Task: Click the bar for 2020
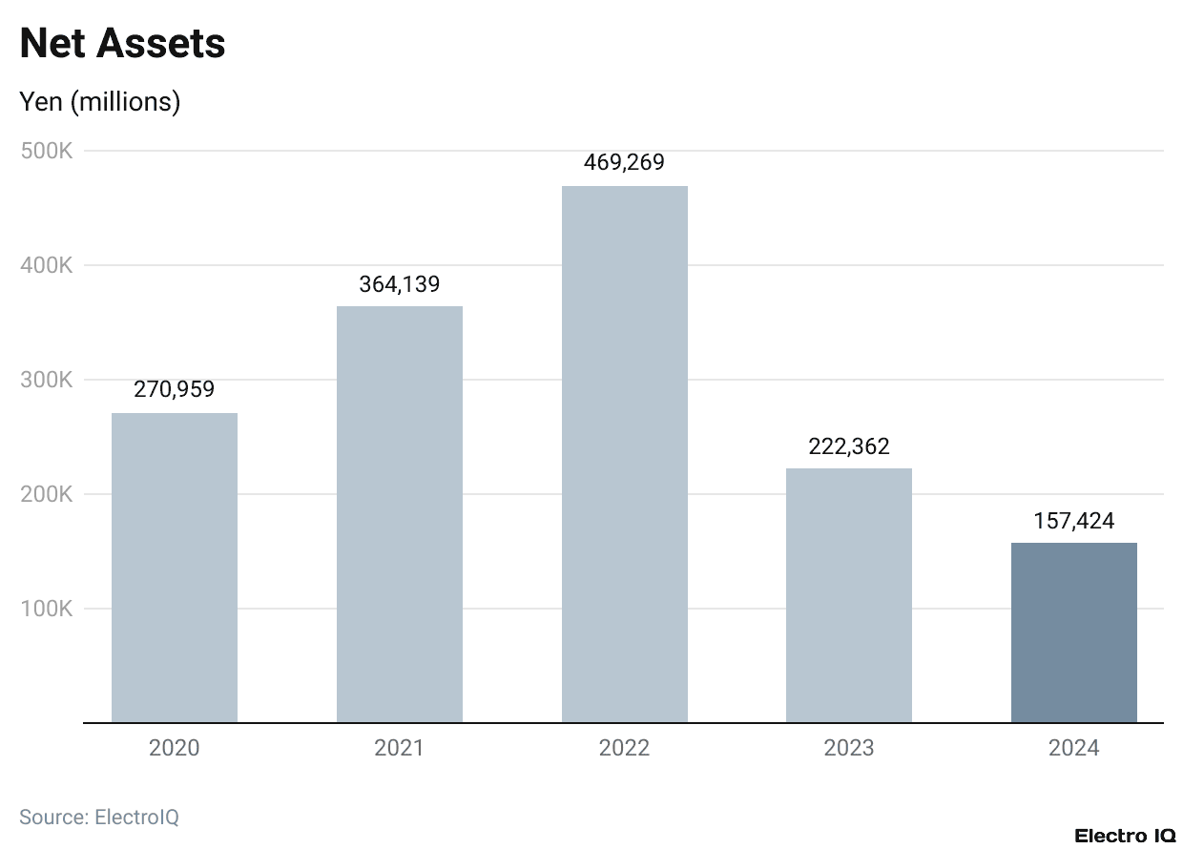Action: point(175,568)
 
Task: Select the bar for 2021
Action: point(400,514)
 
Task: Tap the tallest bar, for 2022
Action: point(624,454)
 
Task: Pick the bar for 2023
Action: point(849,595)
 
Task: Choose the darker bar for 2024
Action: point(1073,632)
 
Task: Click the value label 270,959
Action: point(175,389)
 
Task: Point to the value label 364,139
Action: point(400,283)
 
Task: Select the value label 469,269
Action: point(624,162)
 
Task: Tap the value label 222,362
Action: point(849,446)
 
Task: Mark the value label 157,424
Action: point(1073,521)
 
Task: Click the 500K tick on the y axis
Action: point(47,151)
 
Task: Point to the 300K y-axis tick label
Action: point(47,380)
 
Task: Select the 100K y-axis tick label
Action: point(47,609)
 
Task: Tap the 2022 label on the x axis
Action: point(624,748)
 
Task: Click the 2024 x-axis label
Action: point(1073,748)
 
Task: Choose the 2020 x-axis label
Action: point(175,748)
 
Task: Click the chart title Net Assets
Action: point(122,44)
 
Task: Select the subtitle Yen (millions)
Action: point(100,101)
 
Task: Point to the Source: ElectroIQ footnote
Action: point(99,817)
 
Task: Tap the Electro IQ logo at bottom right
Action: point(1124,836)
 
